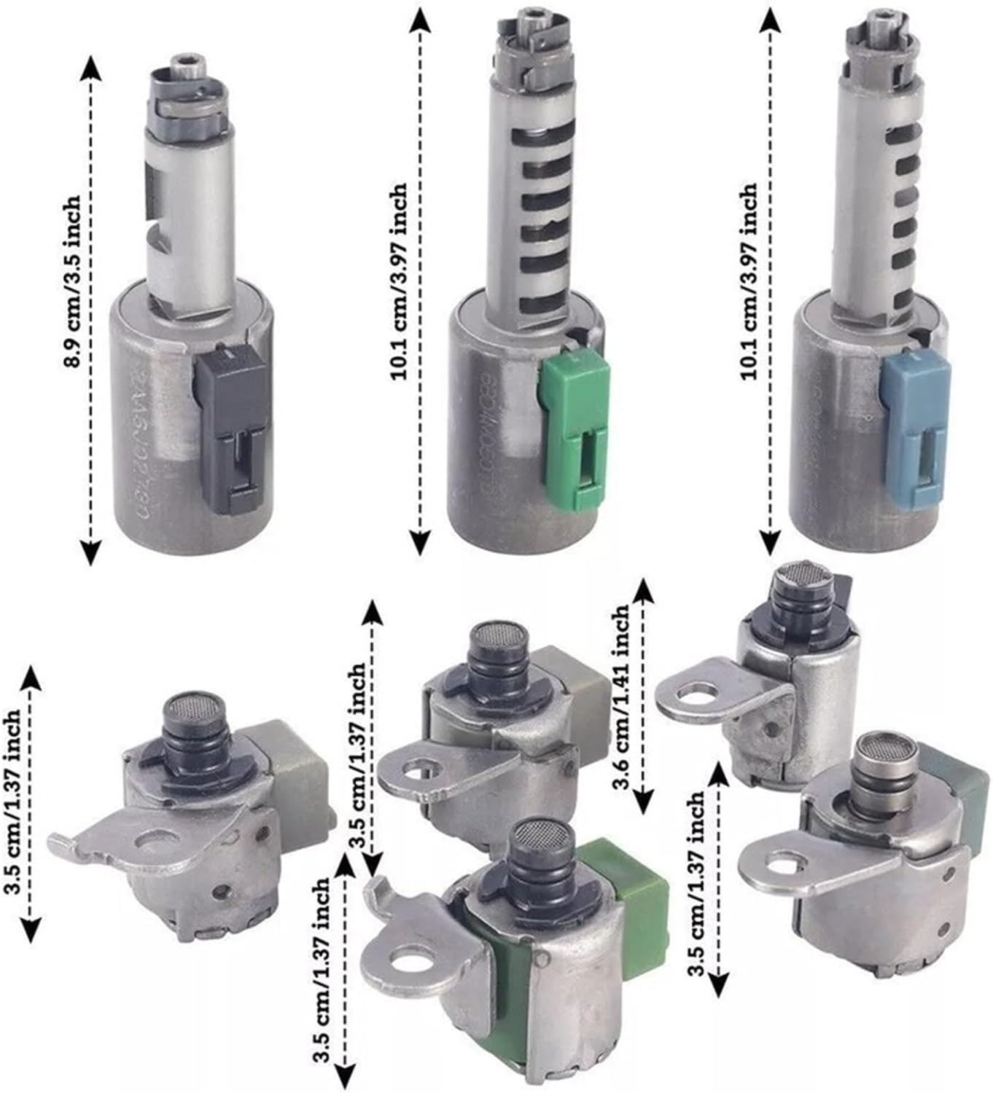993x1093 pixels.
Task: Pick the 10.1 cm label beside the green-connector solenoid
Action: tap(401, 277)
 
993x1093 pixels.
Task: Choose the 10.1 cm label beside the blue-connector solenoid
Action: tap(751, 277)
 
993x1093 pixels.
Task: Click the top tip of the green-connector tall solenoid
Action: tap(519, 15)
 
